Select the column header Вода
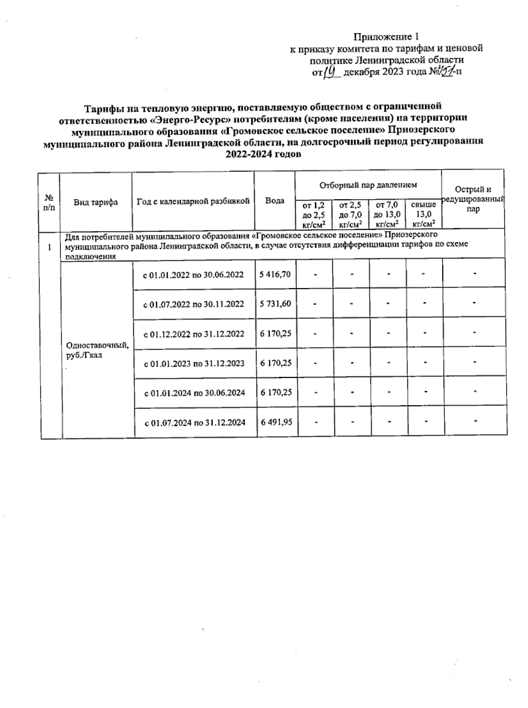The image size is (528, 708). (275, 201)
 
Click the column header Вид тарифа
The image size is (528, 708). (95, 202)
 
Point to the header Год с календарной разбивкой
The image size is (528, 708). (193, 201)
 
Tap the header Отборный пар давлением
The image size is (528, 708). (368, 185)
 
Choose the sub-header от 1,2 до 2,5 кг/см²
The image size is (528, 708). (313, 215)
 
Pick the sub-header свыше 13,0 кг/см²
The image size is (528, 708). (423, 215)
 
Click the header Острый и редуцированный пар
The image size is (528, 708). (473, 199)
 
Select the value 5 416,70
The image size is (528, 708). (275, 274)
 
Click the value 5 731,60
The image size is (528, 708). (275, 303)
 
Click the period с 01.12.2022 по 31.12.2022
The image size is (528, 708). (194, 334)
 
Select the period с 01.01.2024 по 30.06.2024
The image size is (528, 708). (195, 393)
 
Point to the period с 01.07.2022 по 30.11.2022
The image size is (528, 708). (194, 304)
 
